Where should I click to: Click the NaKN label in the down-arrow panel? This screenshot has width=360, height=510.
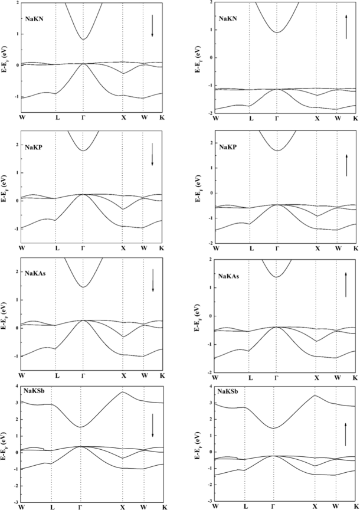pos(36,20)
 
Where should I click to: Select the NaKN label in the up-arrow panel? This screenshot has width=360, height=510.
pos(229,19)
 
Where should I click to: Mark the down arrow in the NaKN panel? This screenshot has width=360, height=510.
pos(152,26)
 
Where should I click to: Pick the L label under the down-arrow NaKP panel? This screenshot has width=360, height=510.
pos(57,249)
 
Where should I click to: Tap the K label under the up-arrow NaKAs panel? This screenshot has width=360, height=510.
pos(355,377)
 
